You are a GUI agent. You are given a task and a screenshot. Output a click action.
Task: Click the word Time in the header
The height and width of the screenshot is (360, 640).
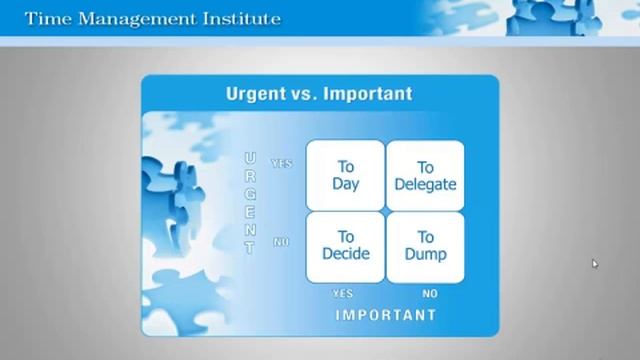46,19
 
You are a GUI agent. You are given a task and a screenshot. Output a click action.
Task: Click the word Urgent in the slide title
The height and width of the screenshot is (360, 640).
255,94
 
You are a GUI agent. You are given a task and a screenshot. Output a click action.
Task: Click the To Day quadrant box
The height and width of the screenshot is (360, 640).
345,175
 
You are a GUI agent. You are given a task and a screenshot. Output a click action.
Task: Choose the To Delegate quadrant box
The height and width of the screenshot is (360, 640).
425,175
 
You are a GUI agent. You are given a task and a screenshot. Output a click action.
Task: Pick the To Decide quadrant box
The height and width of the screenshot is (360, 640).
345,245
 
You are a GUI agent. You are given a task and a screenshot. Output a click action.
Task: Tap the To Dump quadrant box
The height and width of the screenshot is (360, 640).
425,245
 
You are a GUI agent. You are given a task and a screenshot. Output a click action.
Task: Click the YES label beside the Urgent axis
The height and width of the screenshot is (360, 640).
281,163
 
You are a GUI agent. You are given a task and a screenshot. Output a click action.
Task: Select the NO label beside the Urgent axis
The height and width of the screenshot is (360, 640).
281,242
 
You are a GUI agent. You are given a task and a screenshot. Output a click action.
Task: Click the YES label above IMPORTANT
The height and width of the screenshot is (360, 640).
343,294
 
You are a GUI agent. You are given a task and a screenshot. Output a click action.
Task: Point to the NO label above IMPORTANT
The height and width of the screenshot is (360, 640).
429,294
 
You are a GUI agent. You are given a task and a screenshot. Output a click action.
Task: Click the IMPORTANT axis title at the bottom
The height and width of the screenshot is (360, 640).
385,315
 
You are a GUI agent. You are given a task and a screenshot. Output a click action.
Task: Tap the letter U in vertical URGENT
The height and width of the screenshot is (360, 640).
250,159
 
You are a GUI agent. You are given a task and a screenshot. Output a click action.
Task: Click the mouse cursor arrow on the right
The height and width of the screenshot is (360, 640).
594,264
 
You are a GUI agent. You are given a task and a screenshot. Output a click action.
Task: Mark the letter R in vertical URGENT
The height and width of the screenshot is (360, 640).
250,177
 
